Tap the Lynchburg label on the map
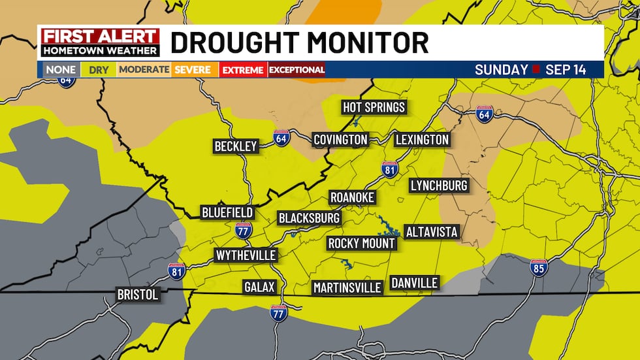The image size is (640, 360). [439, 186]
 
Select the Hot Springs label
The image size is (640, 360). [374, 106]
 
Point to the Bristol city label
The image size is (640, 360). [137, 295]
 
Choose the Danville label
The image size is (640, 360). [414, 282]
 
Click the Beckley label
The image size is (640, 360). [236, 146]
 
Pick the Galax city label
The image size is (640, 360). [259, 287]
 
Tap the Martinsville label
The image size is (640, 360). [347, 287]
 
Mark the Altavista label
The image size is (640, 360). [432, 232]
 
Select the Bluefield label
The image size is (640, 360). [227, 213]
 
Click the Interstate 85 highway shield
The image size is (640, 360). [538, 267]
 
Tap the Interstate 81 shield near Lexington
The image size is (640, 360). [390, 169]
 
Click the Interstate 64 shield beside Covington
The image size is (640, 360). [281, 139]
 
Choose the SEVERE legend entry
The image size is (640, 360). [193, 70]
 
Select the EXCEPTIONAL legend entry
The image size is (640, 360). [296, 70]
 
